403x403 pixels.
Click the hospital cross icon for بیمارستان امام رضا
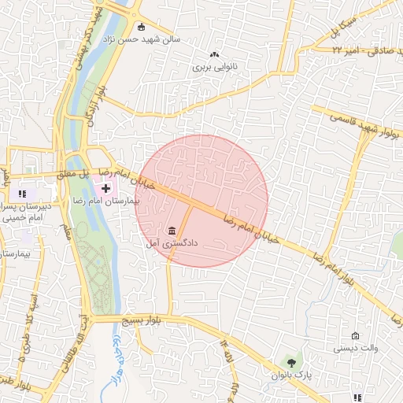106,188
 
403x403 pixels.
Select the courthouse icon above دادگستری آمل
172,230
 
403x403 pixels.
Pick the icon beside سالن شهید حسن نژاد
140,25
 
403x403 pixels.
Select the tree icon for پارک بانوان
292,362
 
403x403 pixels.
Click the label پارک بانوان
293,375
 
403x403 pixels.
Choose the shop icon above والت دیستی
355,335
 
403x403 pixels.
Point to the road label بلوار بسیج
139,321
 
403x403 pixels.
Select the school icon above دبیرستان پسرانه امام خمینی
23,194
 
